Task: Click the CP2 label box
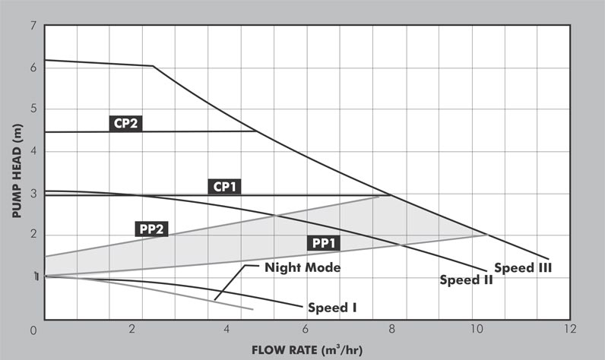coord(127,122)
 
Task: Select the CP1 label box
coord(225,185)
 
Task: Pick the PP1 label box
coord(325,243)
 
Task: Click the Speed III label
coord(523,267)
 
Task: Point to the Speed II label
coord(467,279)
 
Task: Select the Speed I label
coord(332,308)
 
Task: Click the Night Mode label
coord(302,267)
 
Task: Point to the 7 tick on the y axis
coord(32,27)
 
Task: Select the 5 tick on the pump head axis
coord(32,109)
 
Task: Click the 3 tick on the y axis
coord(32,193)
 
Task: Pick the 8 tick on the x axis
coord(392,329)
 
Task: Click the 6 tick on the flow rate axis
coord(305,329)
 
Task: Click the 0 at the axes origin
coord(33,330)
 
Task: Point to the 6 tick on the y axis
coord(32,68)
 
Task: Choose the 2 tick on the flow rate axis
coord(132,329)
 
